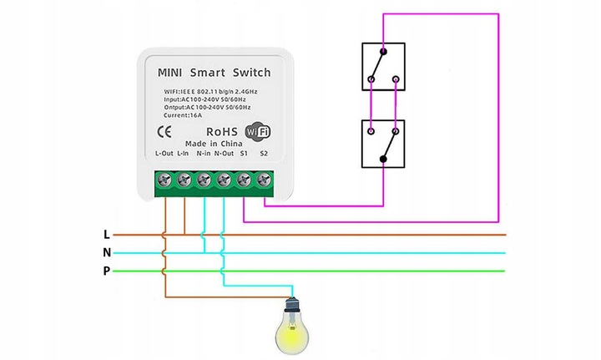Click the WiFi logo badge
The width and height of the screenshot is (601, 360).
[x=259, y=132]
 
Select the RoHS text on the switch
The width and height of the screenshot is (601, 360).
[x=222, y=132]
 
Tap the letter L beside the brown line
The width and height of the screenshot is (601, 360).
[x=106, y=235]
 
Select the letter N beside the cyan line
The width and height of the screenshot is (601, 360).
[x=106, y=252]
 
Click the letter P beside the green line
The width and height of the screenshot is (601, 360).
[x=106, y=271]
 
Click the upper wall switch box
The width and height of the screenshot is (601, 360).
[x=383, y=67]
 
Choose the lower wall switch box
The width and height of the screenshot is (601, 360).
[x=383, y=144]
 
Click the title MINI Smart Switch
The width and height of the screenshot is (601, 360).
[x=214, y=73]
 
